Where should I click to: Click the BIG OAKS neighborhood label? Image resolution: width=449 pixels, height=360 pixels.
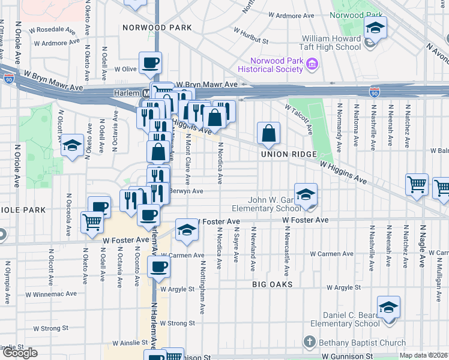(272, 284)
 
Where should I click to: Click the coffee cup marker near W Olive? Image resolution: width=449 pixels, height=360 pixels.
(150, 62)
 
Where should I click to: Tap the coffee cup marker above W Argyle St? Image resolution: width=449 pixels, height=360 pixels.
(158, 267)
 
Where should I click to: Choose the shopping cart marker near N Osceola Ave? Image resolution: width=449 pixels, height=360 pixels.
(92, 223)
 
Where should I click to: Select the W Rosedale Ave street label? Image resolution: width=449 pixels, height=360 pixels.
(57, 28)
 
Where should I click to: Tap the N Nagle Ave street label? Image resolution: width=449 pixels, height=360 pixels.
(422, 245)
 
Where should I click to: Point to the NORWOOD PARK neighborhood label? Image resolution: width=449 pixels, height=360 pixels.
(157, 28)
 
